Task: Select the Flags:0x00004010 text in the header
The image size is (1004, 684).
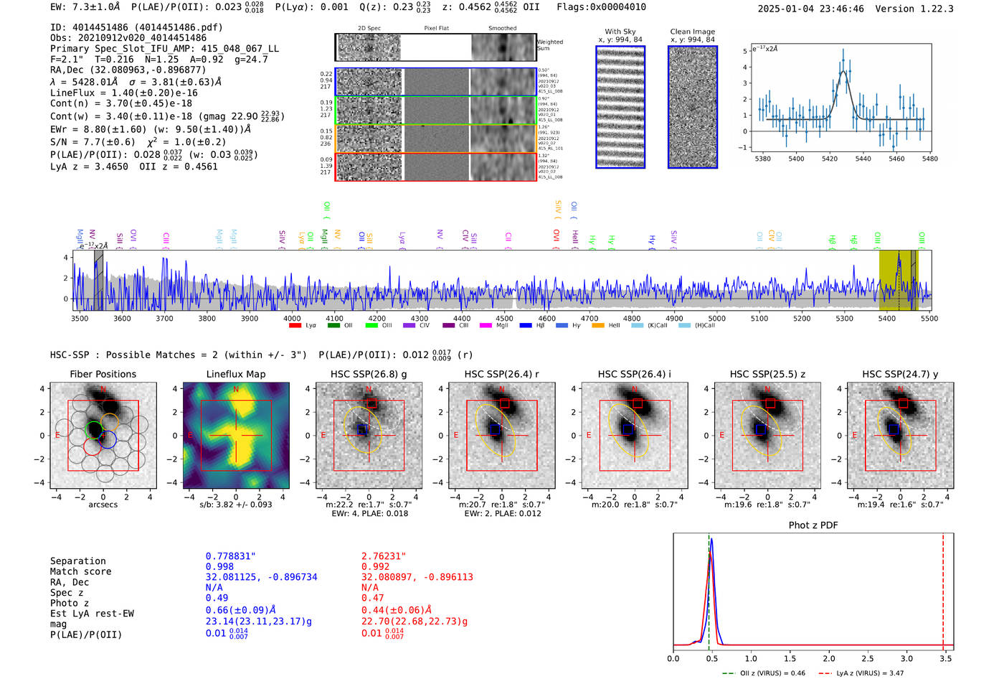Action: coord(601,7)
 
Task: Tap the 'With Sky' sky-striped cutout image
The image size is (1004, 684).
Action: coord(620,108)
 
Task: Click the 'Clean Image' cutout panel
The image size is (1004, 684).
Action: coord(692,108)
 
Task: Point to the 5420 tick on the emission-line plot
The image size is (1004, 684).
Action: coord(830,159)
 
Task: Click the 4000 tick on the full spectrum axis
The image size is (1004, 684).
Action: coord(292,319)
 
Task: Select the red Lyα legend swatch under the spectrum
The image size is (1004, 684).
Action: coord(295,326)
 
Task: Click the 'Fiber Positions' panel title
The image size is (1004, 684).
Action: coord(103,374)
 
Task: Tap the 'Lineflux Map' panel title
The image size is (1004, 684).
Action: coord(235,374)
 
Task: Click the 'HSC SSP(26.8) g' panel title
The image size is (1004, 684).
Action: coord(369,374)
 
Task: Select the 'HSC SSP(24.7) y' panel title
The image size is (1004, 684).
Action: coord(900,374)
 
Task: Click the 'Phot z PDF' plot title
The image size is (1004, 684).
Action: coord(813,525)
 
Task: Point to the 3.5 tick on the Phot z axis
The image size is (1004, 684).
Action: coord(946,658)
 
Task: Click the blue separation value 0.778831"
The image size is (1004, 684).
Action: coord(230,556)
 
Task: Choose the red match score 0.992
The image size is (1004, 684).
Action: coord(376,566)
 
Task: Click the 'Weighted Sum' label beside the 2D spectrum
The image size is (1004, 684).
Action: coord(549,45)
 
